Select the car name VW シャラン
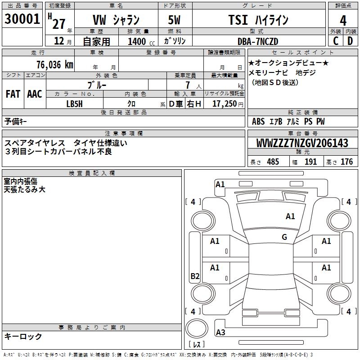tap(116, 20)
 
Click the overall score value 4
tap(343, 21)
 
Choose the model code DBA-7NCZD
tap(258, 41)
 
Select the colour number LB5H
tap(74, 103)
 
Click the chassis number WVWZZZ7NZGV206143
tap(302, 143)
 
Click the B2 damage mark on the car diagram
tap(195, 276)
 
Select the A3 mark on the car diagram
tap(220, 333)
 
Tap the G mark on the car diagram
tap(284, 237)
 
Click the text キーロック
tap(23, 336)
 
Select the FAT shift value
tap(13, 94)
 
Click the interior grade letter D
tap(350, 41)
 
